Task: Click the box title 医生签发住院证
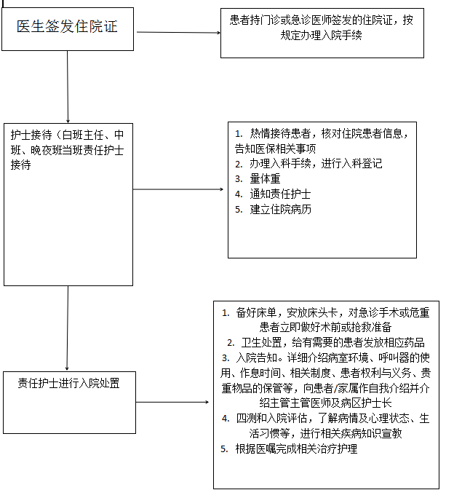point(67,26)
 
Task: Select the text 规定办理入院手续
point(321,35)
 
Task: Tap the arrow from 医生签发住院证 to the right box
point(179,32)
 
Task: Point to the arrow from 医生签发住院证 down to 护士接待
point(68,87)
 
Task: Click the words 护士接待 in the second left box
point(31,135)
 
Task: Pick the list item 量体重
point(266,179)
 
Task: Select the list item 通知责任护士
point(281,194)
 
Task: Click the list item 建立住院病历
point(281,209)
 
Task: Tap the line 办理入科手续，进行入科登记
point(316,164)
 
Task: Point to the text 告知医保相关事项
point(276,149)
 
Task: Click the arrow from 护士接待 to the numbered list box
point(178,189)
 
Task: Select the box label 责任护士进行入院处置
point(68,384)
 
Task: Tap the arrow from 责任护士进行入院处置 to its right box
point(172,402)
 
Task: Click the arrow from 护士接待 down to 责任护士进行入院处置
point(67,328)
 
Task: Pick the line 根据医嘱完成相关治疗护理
point(296,448)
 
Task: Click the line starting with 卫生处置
point(332,342)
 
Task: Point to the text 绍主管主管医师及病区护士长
point(325,403)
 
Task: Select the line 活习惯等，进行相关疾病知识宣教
point(325,433)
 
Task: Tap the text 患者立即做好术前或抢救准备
point(325,327)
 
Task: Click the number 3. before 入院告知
point(226,358)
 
